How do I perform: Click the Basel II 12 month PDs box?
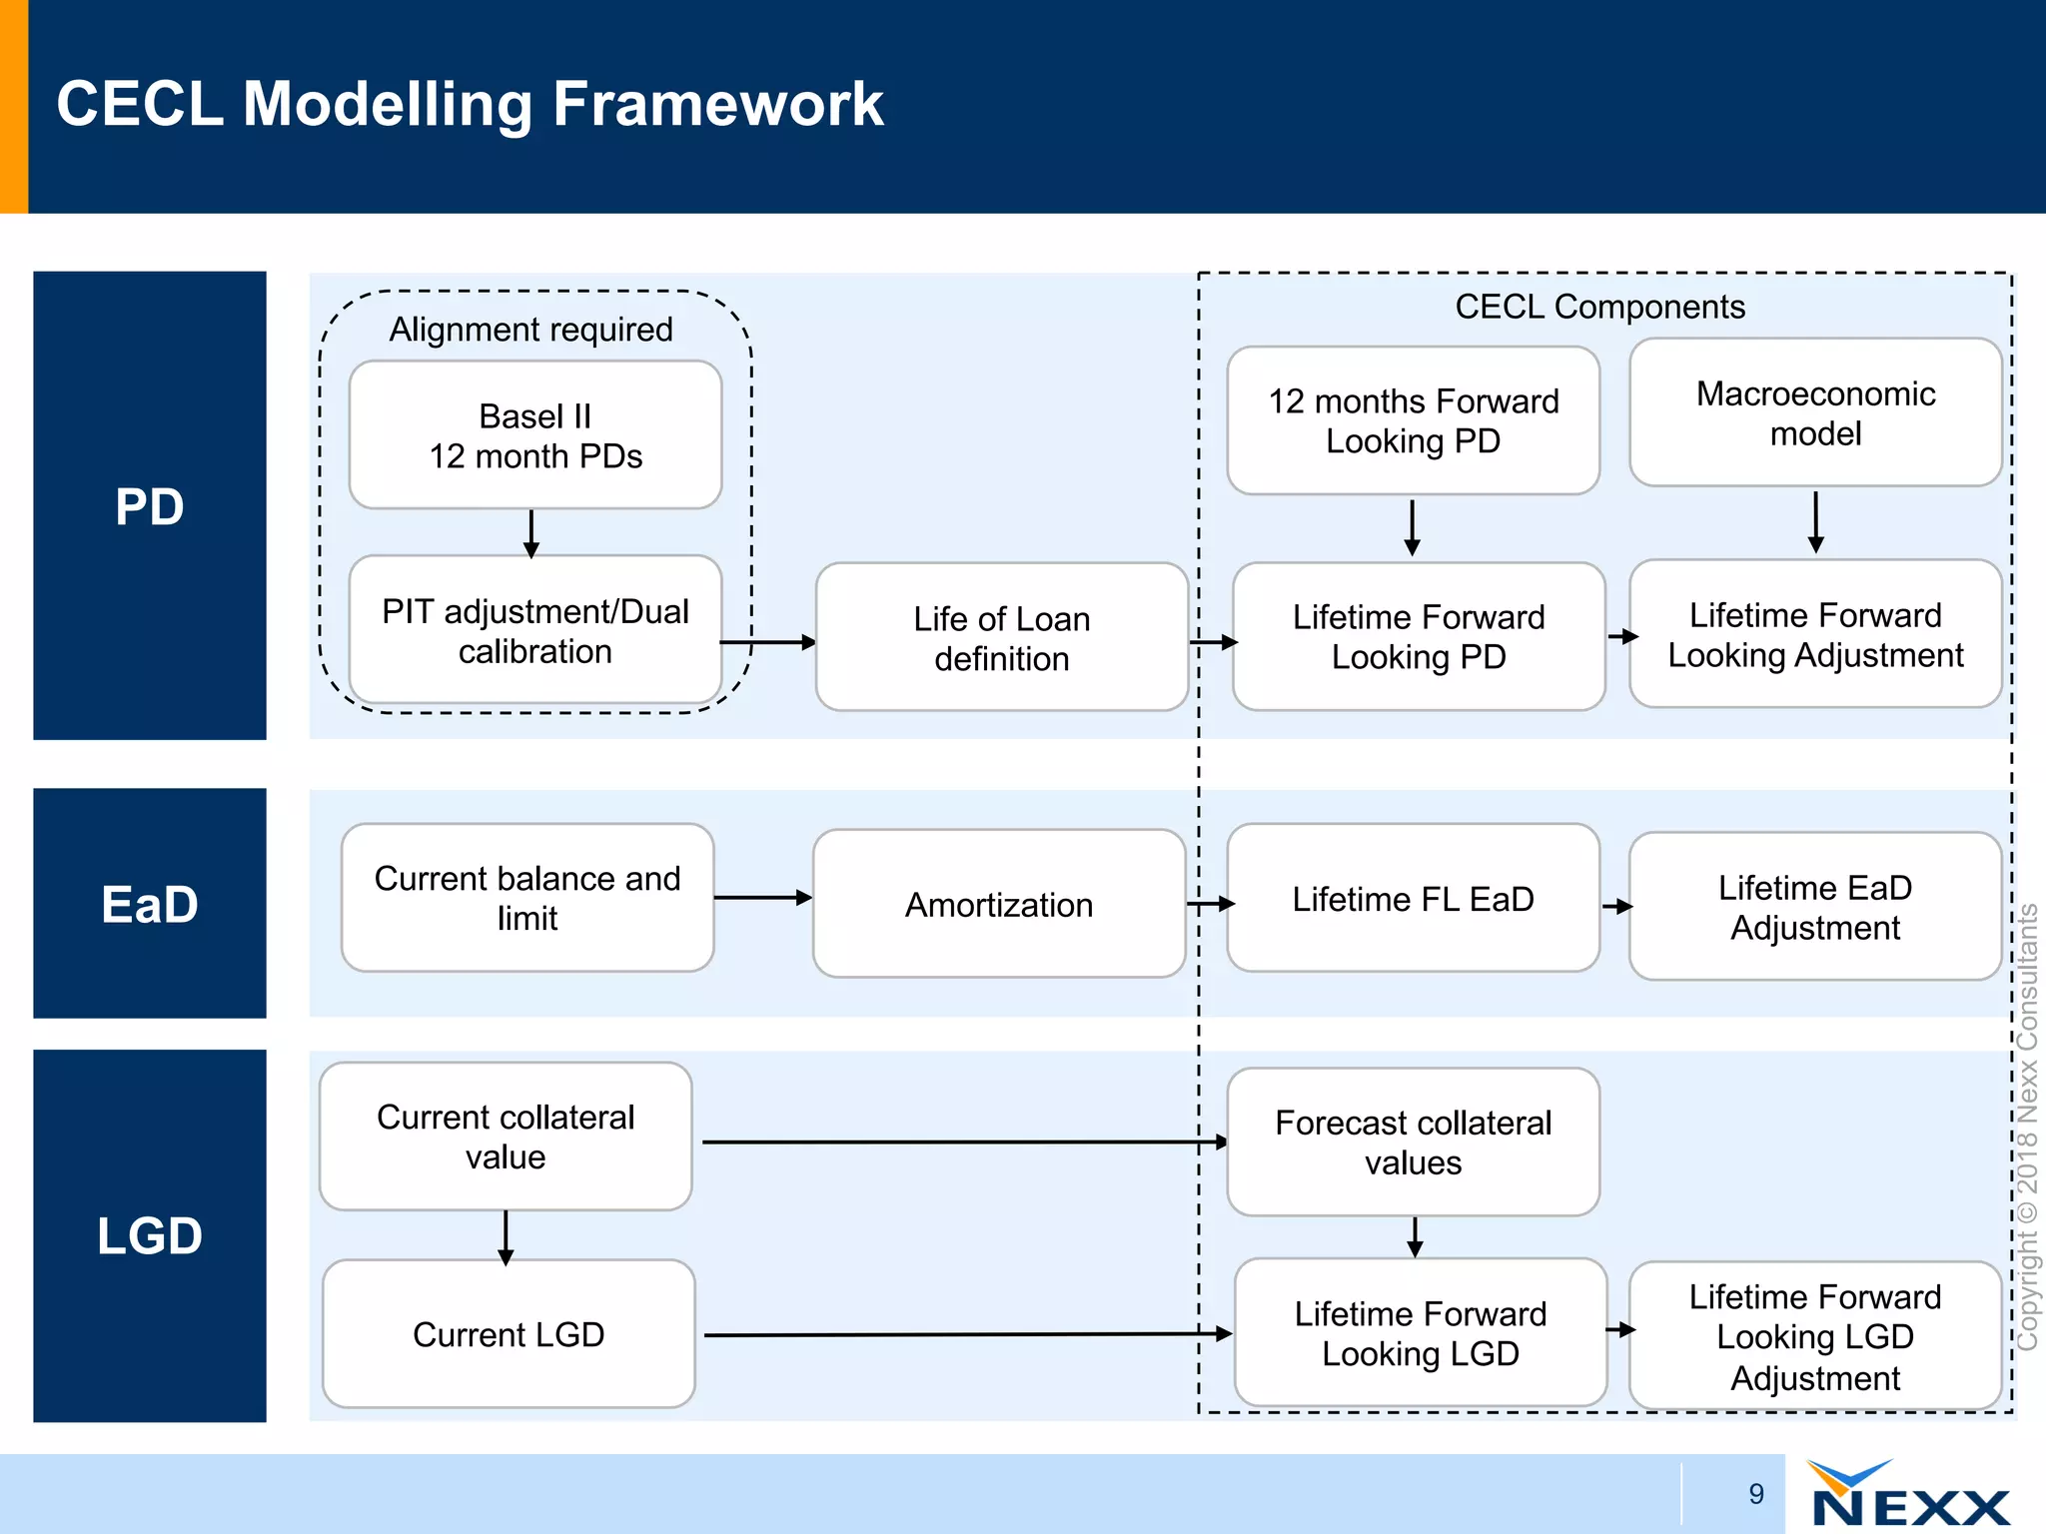535,435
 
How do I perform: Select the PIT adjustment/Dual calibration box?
535,630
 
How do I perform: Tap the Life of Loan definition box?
1001,637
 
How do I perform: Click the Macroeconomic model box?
1815,412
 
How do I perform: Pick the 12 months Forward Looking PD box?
1413,420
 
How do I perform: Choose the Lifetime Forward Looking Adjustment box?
1815,634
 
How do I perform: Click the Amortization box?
999,904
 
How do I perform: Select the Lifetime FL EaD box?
1413,898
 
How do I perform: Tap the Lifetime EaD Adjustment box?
1815,907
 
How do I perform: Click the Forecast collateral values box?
1413,1142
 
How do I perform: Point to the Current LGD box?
509,1334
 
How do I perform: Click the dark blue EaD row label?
150,904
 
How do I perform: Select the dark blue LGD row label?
150,1235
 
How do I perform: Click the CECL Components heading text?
1599,306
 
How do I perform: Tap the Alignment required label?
530,329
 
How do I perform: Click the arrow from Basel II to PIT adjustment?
531,533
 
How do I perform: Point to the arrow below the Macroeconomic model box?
1815,521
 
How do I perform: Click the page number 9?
1756,1494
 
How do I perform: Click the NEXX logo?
1908,1495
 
